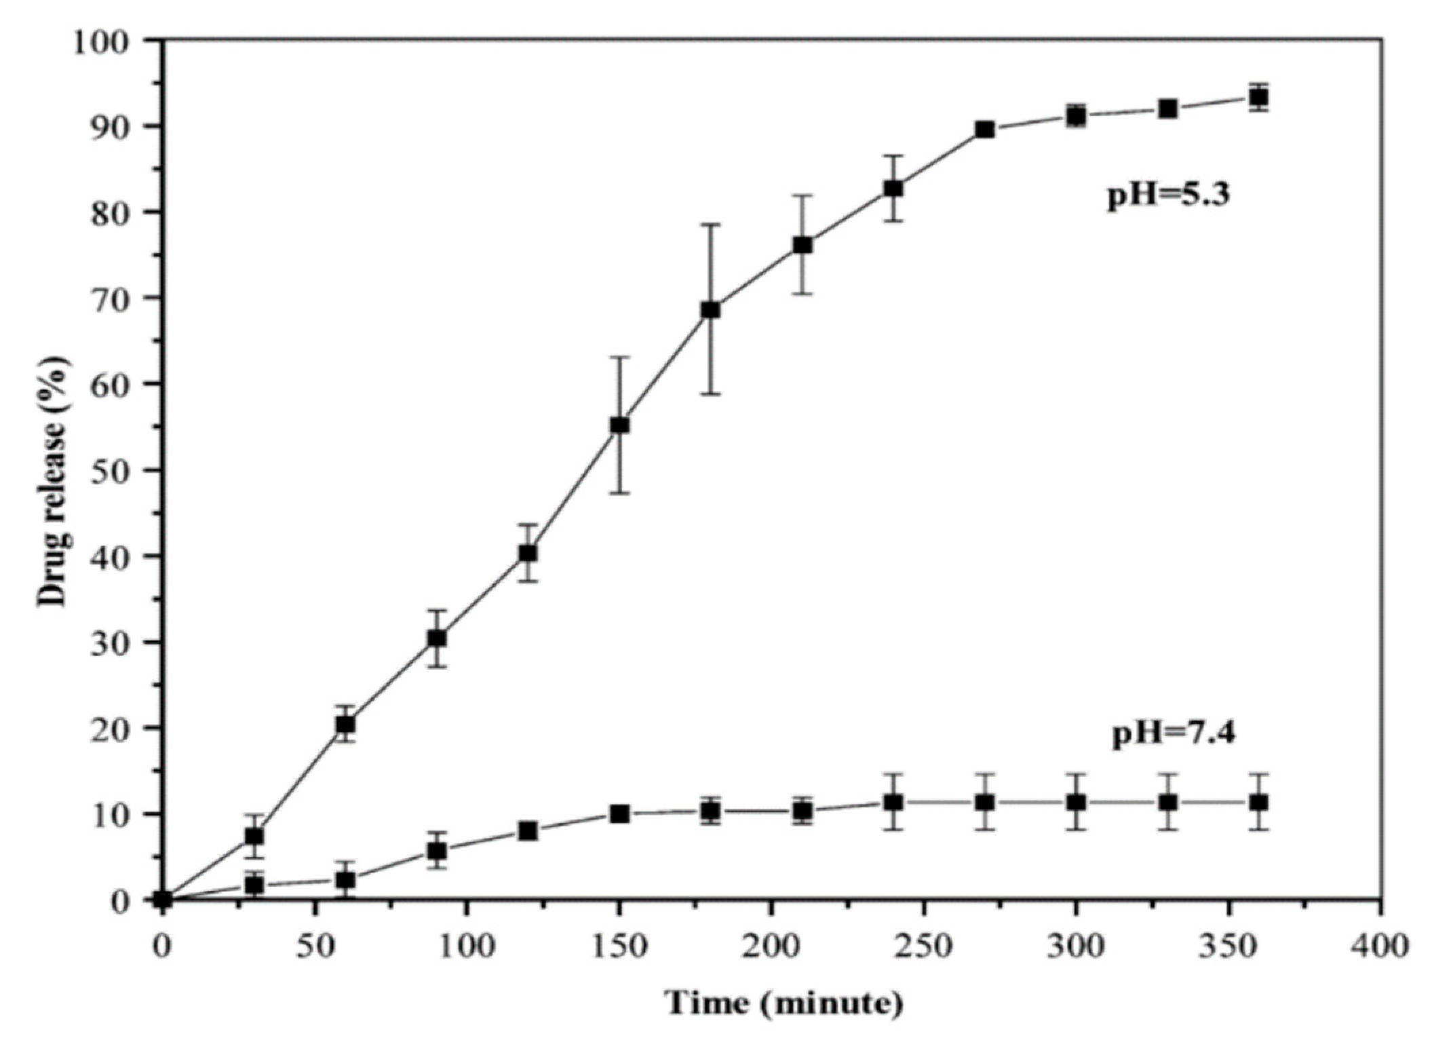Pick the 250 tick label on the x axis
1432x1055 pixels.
pyautogui.click(x=924, y=946)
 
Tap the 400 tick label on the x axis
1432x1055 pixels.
pyautogui.click(x=1381, y=946)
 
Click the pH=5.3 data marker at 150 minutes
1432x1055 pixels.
pyautogui.click(x=619, y=425)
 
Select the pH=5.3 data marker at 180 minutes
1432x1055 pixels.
pyautogui.click(x=710, y=310)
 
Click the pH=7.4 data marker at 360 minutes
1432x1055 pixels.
pyautogui.click(x=1259, y=802)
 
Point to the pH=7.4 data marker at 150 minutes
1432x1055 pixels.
pyautogui.click(x=619, y=813)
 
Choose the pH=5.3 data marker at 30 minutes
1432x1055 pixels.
pyautogui.click(x=254, y=836)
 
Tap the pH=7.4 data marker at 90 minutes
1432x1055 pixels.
pyautogui.click(x=437, y=850)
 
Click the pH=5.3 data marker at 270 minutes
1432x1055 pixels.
pyautogui.click(x=985, y=130)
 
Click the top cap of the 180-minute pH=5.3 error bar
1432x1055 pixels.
pyautogui.click(x=710, y=225)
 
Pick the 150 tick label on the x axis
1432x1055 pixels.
pyautogui.click(x=619, y=946)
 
